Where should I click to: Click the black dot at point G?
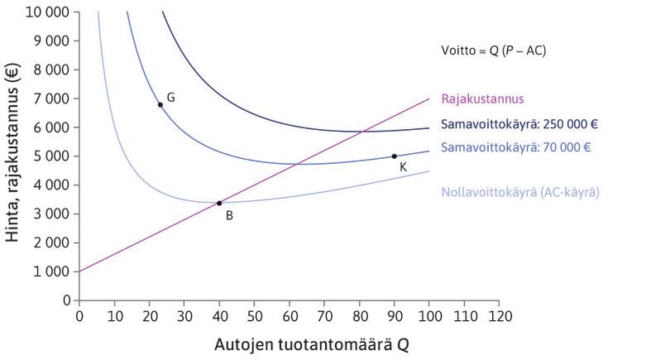tap(160, 104)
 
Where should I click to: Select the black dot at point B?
tap(219, 203)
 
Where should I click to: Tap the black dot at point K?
tap(394, 156)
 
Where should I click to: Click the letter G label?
tap(170, 98)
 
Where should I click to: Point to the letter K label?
tap(402, 167)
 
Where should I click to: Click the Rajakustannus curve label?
tap(479, 97)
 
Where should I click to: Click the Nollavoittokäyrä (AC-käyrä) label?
tap(519, 191)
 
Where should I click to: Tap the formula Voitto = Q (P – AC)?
tap(494, 51)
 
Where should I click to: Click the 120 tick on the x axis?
tap(499, 315)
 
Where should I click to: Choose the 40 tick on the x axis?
tap(219, 315)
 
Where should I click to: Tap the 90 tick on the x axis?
tap(394, 315)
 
